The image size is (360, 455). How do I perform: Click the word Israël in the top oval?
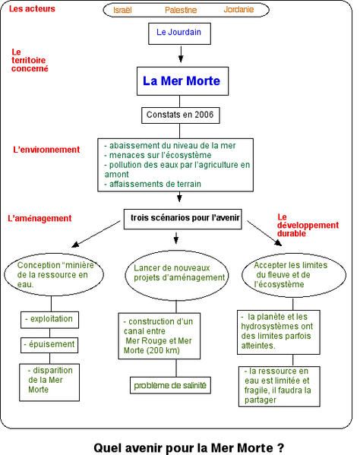tap(122, 10)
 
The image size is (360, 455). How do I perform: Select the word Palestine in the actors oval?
tap(181, 10)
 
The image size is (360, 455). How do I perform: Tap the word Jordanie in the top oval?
tap(238, 10)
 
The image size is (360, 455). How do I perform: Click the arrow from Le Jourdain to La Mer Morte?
tap(181, 54)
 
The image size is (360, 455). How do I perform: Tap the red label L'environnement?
tap(46, 150)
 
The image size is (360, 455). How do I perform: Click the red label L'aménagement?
tap(39, 218)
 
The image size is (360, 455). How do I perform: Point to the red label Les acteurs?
tap(32, 8)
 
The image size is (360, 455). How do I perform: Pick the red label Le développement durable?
tap(308, 225)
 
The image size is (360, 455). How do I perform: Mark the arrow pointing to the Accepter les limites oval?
tap(264, 233)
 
